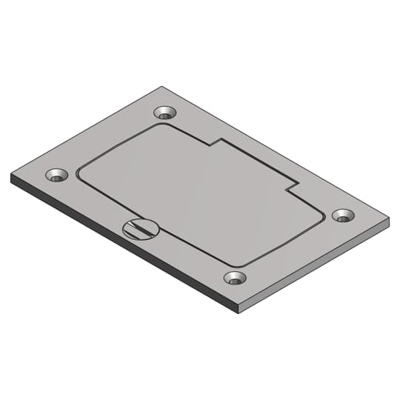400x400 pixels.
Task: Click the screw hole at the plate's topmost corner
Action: (165, 113)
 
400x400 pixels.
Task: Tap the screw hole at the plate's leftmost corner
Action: (56, 176)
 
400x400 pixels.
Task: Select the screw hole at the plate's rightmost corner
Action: (342, 215)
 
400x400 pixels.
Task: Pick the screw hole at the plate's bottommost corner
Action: (235, 278)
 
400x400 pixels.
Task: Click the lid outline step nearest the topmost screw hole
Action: (214, 143)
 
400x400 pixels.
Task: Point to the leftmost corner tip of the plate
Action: (11, 176)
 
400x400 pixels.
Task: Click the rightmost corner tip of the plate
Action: (389, 221)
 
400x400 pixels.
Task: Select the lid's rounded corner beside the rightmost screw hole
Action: (320, 217)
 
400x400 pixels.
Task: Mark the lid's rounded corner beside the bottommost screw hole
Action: (237, 264)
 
